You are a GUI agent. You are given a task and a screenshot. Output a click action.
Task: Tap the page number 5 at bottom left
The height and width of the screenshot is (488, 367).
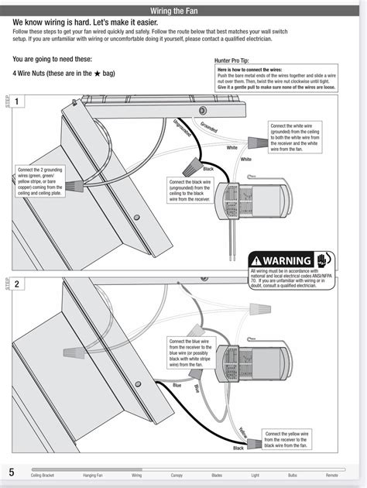12,471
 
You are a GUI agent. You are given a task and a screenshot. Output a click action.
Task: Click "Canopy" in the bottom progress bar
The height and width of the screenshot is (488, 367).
177,474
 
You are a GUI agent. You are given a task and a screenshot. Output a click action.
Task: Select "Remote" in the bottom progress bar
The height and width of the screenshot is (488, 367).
332,474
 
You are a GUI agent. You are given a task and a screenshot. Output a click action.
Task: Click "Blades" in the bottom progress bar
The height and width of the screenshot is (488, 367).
216,474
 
